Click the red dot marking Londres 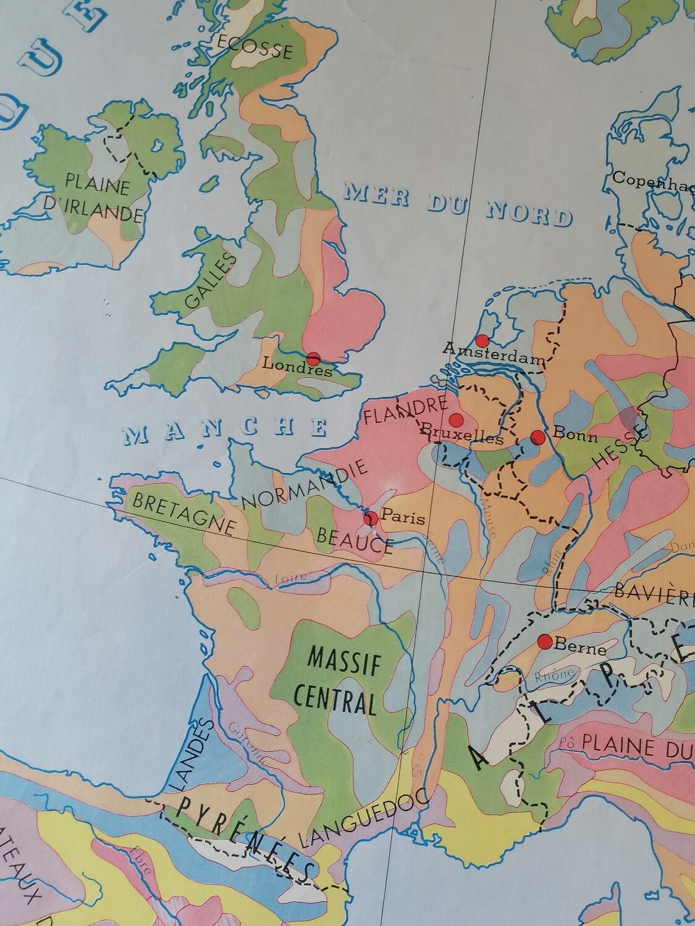pyautogui.click(x=313, y=357)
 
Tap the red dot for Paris pyautogui.click(x=371, y=517)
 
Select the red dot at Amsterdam pyautogui.click(x=483, y=340)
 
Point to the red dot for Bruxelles pyautogui.click(x=456, y=420)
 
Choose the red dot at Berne pyautogui.click(x=545, y=641)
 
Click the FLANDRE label pyautogui.click(x=405, y=411)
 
